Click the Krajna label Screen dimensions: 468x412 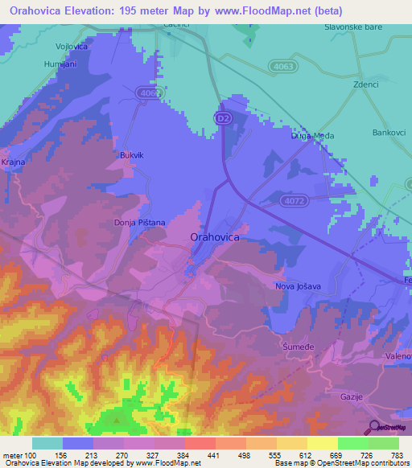click(14, 162)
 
